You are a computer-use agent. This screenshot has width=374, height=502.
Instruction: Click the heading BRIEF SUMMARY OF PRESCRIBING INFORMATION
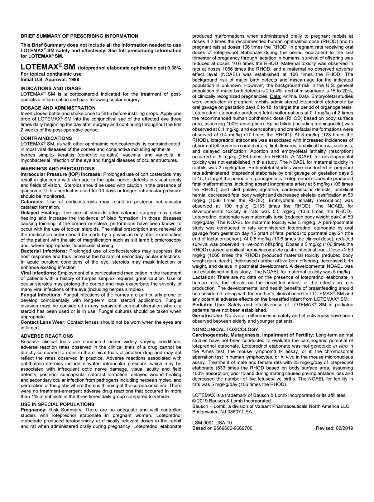79,36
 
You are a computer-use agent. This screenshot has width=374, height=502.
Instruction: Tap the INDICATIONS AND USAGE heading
51,88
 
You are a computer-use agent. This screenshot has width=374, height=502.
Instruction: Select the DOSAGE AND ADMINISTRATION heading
58,108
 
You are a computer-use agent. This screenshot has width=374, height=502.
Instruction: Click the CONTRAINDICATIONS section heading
46,138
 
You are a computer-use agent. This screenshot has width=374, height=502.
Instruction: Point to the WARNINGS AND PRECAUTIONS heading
58,169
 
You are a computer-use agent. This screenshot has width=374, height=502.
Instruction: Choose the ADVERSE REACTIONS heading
47,336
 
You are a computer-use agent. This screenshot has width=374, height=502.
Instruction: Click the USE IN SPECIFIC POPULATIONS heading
57,404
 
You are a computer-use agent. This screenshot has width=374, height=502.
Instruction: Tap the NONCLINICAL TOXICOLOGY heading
225,329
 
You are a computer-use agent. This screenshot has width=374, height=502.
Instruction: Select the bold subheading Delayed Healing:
40,213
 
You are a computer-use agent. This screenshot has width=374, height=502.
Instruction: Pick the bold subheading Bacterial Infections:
44,251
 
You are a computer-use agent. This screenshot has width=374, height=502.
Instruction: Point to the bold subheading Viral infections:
38,273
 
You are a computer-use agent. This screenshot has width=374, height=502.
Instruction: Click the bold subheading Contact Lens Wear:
43,322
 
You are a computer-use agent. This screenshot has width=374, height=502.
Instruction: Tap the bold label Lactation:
204,277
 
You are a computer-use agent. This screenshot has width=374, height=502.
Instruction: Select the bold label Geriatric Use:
208,316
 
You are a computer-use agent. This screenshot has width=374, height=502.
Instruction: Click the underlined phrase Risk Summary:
66,410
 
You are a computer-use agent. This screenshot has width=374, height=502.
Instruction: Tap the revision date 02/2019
343,428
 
